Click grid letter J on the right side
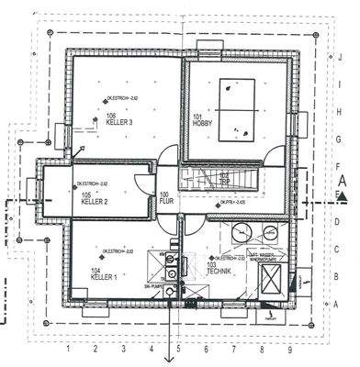pyautogui.click(x=340, y=57)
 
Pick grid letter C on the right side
pyautogui.click(x=340, y=249)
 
